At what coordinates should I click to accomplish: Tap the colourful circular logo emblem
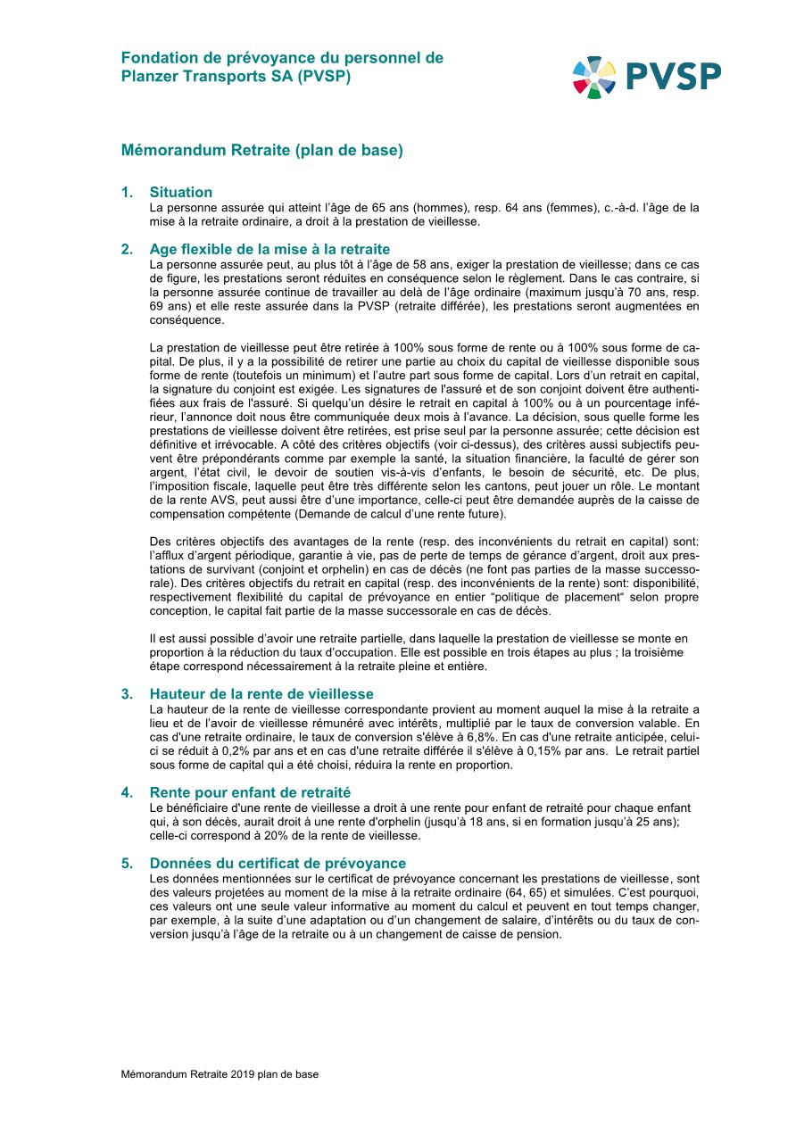(593, 77)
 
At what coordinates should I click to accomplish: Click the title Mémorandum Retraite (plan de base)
(262, 151)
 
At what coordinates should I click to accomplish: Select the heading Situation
(181, 192)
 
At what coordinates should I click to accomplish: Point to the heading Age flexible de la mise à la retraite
(269, 249)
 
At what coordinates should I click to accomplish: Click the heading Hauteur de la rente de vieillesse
(261, 694)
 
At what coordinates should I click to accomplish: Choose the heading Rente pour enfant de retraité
(250, 792)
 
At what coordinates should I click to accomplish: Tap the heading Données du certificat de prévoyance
(278, 864)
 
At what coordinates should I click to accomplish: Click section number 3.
(128, 694)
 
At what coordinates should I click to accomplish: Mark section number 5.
(128, 864)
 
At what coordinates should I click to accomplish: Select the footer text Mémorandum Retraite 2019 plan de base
(220, 1074)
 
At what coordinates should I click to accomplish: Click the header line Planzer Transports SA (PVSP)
(236, 77)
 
